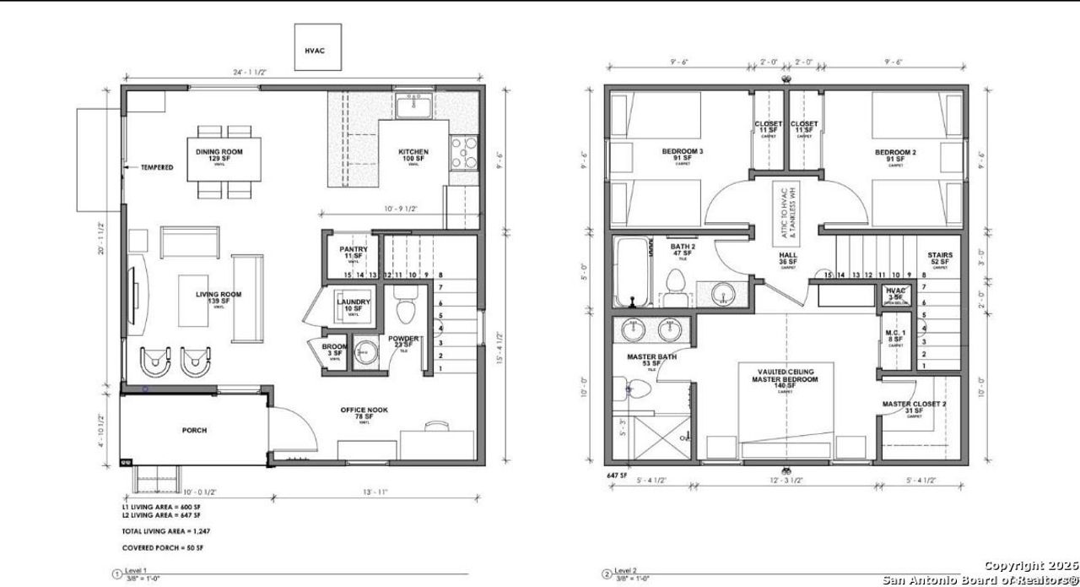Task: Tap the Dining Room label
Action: (x=219, y=155)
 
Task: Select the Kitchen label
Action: (x=413, y=155)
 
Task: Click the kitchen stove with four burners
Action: (x=463, y=153)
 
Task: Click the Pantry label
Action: (x=353, y=252)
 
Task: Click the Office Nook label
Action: (x=364, y=412)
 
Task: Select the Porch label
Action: (x=194, y=430)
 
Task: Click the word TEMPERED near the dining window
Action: (x=157, y=167)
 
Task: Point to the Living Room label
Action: (x=219, y=297)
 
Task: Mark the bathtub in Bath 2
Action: (x=634, y=272)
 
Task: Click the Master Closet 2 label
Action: (x=914, y=407)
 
